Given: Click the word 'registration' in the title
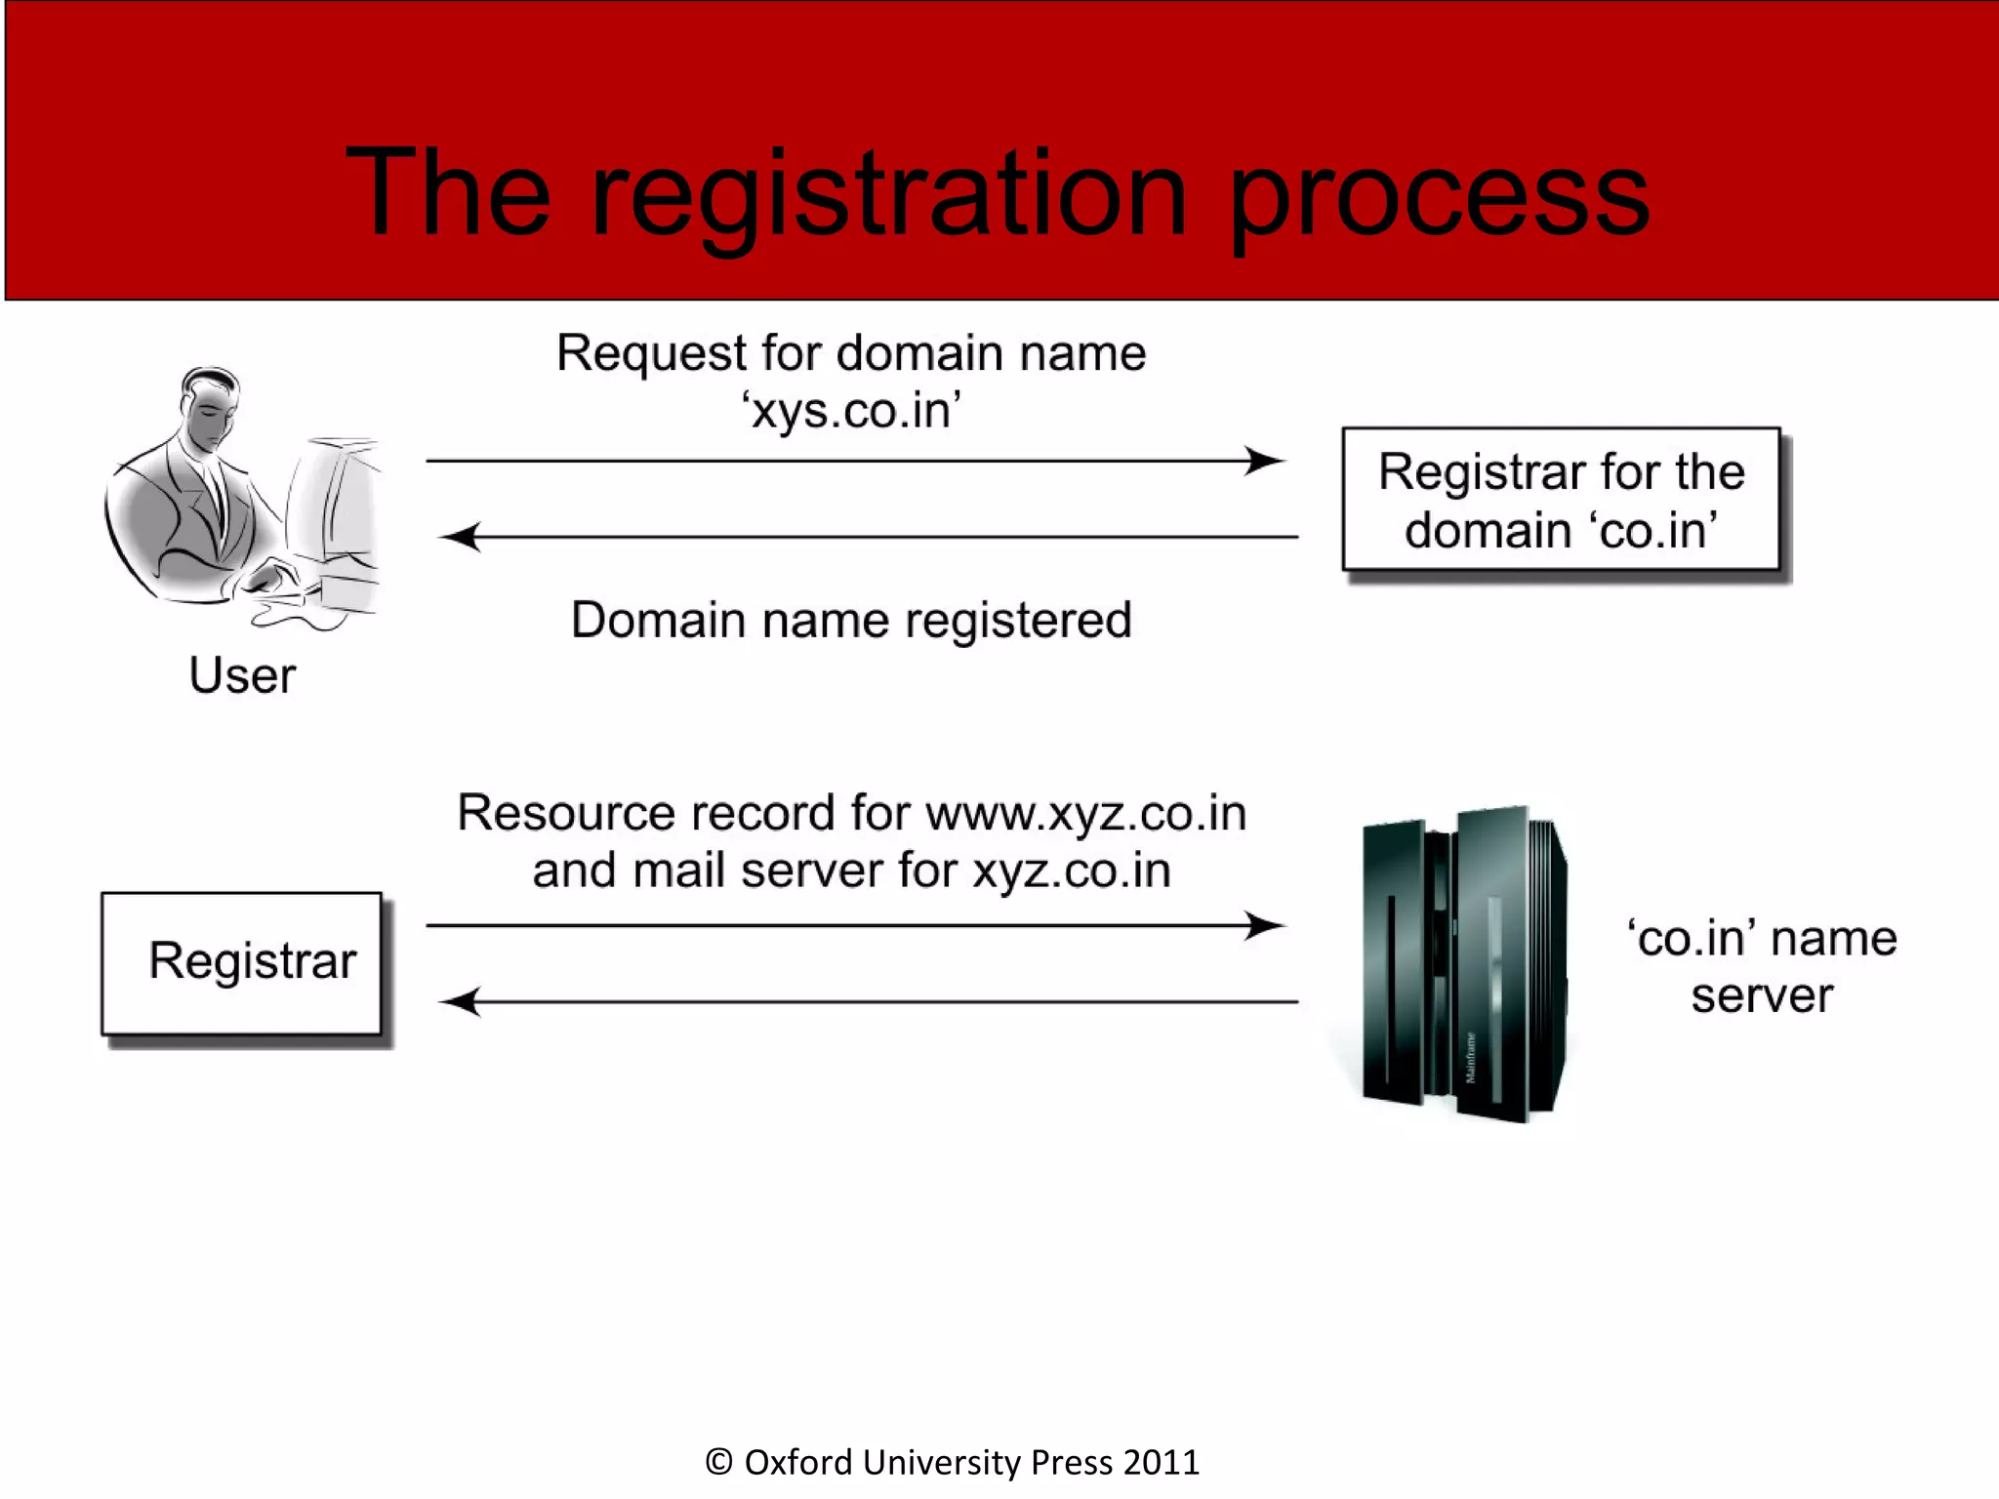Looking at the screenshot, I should (x=888, y=195).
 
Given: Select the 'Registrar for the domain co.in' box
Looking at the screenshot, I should (x=1561, y=500).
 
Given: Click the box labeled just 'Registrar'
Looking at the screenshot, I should (x=242, y=963).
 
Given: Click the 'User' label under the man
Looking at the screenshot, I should (x=242, y=675).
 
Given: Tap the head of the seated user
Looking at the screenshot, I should (x=210, y=405).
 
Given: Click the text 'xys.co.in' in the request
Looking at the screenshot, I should (x=851, y=411).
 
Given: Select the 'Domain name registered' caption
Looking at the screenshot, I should (x=851, y=621).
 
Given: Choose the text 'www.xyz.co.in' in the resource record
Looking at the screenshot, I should (x=1085, y=814).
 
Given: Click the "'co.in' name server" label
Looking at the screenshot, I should (x=1762, y=966).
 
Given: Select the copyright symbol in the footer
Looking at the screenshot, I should (x=719, y=1462).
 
